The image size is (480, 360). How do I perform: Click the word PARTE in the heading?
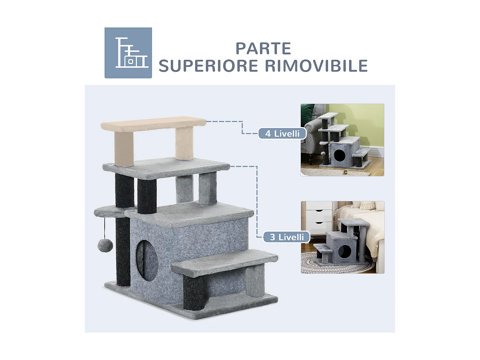[263, 48]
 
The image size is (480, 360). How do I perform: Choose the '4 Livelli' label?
[282, 133]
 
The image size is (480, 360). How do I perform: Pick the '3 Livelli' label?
[287, 237]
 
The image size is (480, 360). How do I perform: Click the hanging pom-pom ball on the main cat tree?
[105, 246]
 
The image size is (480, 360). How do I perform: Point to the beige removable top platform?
[153, 124]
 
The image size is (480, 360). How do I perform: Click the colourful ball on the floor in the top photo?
[345, 172]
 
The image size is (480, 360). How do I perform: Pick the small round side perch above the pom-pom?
[109, 212]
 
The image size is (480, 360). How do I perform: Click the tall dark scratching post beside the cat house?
[123, 252]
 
